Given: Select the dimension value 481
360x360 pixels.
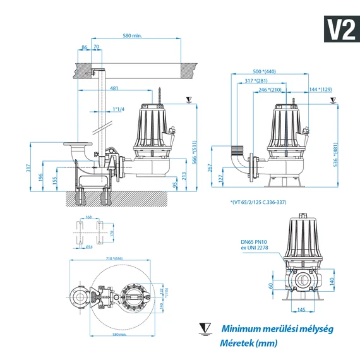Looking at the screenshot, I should click(x=114, y=88).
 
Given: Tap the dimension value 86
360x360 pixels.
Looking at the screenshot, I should click(x=84, y=47).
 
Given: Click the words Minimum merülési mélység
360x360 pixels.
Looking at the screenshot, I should click(x=276, y=328).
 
